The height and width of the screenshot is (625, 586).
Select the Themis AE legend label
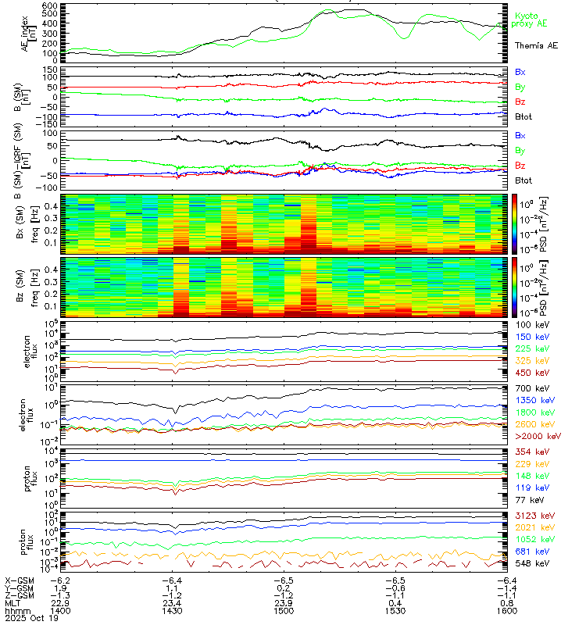535,47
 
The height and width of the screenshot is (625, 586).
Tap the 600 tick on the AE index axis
49,6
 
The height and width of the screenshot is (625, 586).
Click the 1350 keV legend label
534,399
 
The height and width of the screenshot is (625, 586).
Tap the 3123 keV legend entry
534,514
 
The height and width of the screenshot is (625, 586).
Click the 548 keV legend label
531,562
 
